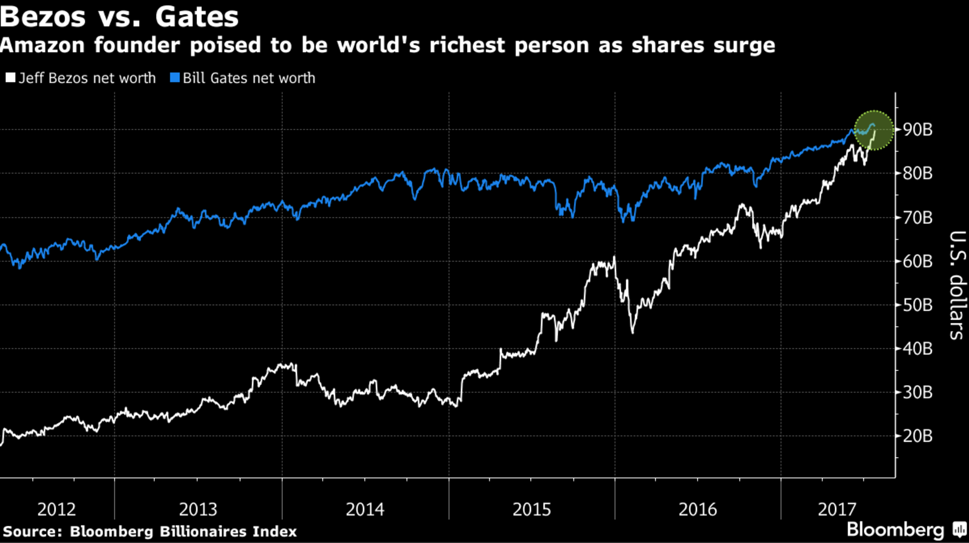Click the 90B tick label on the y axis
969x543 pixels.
tap(918, 130)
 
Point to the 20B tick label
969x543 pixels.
tap(918, 436)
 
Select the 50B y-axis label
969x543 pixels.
tap(918, 305)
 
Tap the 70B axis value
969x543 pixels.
tap(918, 217)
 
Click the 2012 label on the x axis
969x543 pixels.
tap(57, 509)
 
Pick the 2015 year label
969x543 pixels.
tap(532, 509)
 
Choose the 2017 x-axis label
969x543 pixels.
tap(837, 509)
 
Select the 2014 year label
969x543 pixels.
tap(365, 509)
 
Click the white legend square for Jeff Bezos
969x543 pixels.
tap(10, 78)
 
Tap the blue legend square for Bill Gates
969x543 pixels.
tap(174, 78)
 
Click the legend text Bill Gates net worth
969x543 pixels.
tap(249, 78)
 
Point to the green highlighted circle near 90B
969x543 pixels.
tap(873, 130)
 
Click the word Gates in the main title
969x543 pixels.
tap(196, 16)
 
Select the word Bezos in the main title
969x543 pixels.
tap(43, 16)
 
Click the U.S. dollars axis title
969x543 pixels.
tap(957, 285)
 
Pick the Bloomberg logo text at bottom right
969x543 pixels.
tap(896, 530)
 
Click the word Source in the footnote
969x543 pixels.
tap(32, 532)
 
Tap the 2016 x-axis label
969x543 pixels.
tap(697, 509)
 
